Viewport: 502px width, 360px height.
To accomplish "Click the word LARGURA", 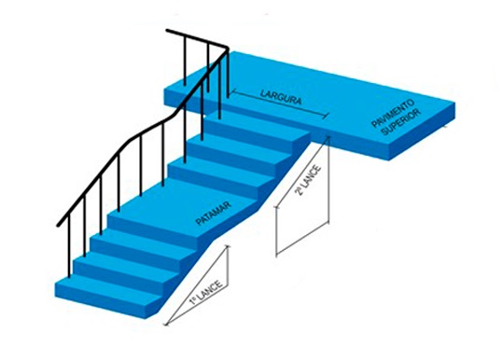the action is [281, 97].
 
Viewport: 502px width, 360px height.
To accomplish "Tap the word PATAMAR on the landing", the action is [214, 214].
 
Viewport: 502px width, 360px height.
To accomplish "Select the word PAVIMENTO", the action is [393, 113].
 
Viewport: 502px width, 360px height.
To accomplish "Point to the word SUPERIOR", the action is [400, 122].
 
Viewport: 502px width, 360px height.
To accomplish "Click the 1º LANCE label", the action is [205, 293].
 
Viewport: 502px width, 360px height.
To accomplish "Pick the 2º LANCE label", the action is [308, 180].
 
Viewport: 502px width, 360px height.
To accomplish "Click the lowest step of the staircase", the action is [109, 296].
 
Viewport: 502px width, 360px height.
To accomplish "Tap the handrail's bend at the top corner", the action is [227, 48].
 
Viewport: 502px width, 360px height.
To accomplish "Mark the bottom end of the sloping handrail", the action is [58, 225].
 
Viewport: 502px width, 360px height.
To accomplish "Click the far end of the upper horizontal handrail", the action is [167, 31].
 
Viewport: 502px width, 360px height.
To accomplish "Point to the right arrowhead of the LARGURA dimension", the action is [328, 116].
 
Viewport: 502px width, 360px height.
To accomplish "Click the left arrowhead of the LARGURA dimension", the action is [232, 92].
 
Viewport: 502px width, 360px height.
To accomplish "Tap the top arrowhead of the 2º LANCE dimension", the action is [328, 137].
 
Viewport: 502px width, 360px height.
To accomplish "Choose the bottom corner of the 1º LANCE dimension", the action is [166, 325].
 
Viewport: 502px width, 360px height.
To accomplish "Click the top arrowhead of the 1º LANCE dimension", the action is [228, 246].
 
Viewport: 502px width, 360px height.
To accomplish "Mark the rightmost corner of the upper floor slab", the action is [455, 103].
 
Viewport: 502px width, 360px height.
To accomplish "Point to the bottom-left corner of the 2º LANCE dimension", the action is [276, 256].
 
